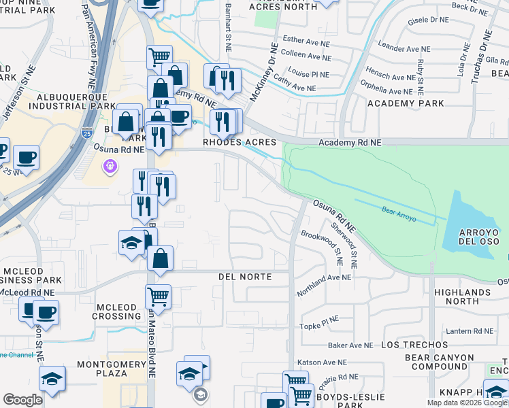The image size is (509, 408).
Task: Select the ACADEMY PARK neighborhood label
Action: (x=406, y=103)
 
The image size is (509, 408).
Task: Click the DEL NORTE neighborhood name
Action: (x=245, y=277)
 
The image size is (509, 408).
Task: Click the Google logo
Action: (x=23, y=400)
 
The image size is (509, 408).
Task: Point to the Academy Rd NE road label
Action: (x=350, y=142)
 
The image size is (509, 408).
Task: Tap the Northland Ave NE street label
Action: (x=324, y=277)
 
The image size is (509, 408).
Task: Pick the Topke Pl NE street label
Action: (x=319, y=326)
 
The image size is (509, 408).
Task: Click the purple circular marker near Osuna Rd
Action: (x=109, y=165)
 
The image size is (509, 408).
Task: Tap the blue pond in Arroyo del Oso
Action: (x=470, y=224)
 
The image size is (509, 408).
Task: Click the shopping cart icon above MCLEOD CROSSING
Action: (x=158, y=296)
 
